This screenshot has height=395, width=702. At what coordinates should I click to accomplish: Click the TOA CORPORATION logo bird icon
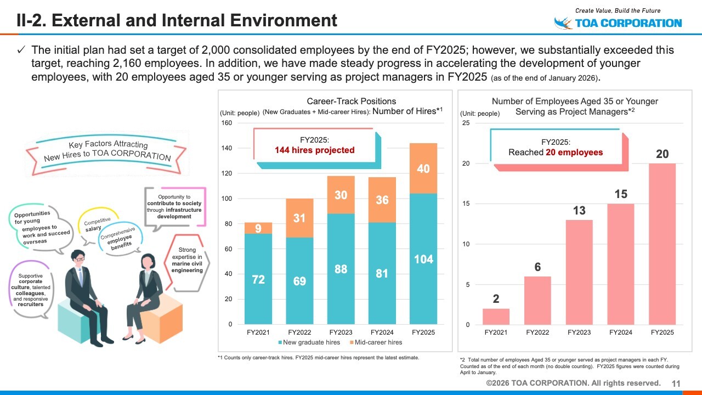coord(563,23)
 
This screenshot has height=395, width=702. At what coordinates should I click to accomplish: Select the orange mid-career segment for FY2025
coord(423,168)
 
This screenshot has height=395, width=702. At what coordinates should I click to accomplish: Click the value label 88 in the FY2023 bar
coord(341,269)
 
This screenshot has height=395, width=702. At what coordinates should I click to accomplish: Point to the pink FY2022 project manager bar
coord(537,300)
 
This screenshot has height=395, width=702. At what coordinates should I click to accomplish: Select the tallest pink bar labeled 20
coord(663,244)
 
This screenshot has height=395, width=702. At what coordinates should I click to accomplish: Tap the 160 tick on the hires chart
coord(226,123)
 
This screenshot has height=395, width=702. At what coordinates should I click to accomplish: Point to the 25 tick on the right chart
coord(466,123)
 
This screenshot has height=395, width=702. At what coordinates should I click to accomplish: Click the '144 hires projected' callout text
coord(315,150)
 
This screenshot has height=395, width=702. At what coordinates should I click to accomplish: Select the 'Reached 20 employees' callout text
coord(556,152)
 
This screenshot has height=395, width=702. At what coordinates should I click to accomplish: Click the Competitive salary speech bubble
coord(97,224)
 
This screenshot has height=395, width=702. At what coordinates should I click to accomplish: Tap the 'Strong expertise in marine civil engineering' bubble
coord(187,260)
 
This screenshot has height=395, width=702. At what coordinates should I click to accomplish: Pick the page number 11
coord(676,383)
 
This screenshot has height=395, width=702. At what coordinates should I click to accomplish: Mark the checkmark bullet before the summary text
coord(22,50)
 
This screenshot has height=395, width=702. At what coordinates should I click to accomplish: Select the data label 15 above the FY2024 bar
coord(621,194)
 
